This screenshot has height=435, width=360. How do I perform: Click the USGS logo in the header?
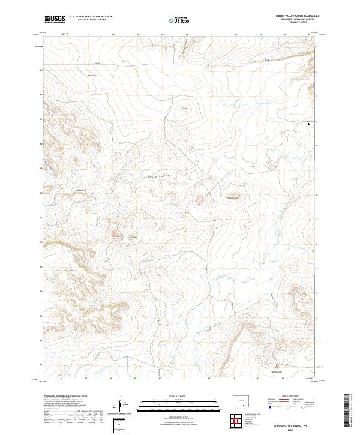click(x=55, y=19)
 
